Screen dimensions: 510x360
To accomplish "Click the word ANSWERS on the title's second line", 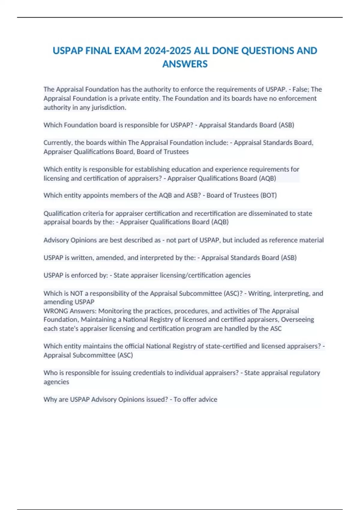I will (x=185, y=64).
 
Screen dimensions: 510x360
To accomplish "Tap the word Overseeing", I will (x=297, y=319).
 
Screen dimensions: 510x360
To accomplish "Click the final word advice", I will (x=208, y=399).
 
